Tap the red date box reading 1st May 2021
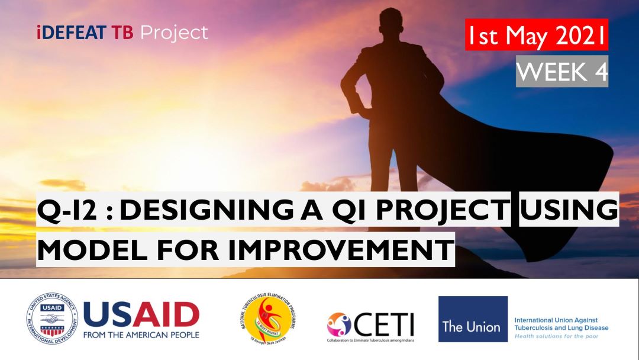(x=536, y=35)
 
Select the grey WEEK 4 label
(x=561, y=72)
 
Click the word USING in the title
(x=568, y=211)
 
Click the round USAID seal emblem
(x=51, y=320)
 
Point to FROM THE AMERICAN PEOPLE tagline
(x=141, y=335)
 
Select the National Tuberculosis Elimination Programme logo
(x=269, y=319)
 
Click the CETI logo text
(x=385, y=324)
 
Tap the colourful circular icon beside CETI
(x=339, y=324)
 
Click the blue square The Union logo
(x=473, y=319)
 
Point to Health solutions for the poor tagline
(x=556, y=336)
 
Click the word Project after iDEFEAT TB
(x=175, y=33)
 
